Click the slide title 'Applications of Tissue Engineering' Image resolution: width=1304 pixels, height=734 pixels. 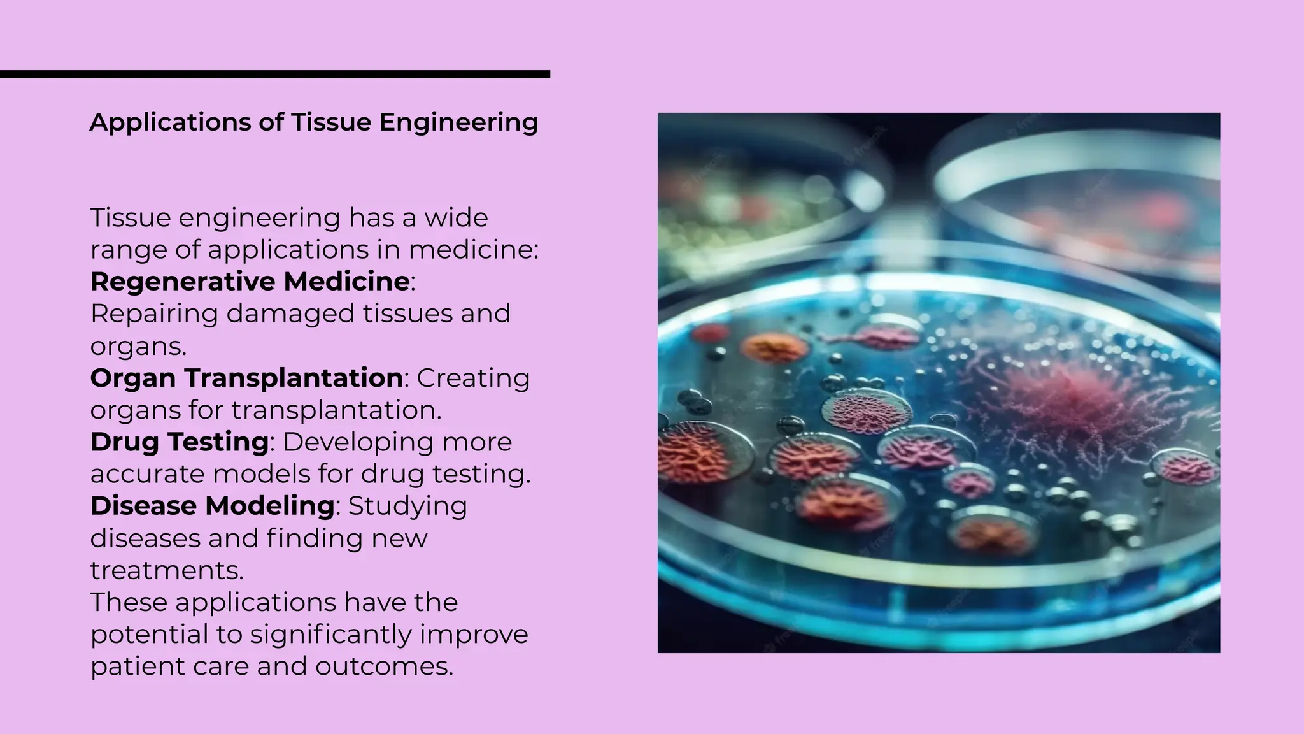314,122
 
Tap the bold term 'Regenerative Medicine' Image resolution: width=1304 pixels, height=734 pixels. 250,282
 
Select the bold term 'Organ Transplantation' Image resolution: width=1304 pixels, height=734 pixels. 246,378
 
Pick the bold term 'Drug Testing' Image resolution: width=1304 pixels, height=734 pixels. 180,442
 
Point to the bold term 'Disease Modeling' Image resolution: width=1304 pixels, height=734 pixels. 213,506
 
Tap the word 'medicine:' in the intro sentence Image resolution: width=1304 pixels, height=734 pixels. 474,250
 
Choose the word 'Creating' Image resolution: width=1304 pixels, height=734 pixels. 473,378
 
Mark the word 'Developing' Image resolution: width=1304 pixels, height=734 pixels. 353,442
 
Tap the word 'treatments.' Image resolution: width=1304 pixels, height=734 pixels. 167,570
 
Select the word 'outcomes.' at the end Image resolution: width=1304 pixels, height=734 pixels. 384,666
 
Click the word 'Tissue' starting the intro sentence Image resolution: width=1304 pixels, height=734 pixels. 130,218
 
